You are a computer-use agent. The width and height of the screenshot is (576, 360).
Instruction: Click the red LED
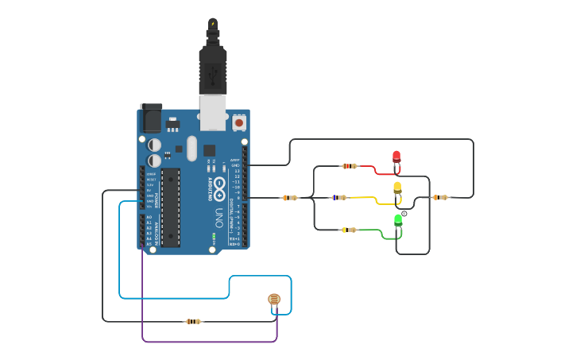point(396,157)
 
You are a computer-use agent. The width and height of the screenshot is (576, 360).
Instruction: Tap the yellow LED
point(397,188)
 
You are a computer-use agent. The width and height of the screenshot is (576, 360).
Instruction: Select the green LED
point(398,219)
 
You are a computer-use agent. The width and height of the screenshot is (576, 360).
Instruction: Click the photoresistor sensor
point(274,299)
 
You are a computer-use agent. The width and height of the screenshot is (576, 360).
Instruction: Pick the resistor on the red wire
point(350,166)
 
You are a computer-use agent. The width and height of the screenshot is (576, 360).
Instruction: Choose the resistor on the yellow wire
point(339,197)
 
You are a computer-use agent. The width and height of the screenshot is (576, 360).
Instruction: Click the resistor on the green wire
point(349,230)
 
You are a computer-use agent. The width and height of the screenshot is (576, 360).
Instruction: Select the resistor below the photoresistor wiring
point(193,321)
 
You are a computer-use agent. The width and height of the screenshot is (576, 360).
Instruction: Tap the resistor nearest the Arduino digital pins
point(289,197)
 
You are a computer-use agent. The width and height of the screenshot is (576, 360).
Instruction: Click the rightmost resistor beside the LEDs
point(440,197)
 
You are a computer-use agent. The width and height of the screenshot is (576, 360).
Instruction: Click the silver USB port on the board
point(212,113)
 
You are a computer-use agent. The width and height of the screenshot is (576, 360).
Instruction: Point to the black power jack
point(150,118)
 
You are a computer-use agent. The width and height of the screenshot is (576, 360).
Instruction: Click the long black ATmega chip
point(170,207)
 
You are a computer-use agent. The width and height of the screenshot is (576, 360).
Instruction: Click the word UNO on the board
point(218,217)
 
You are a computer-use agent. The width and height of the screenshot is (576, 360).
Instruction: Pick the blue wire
point(119,254)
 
